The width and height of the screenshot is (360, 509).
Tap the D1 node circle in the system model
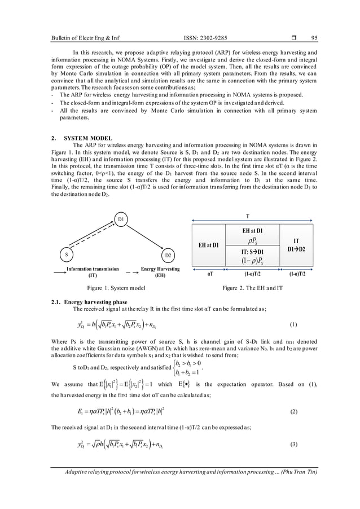coord(120,218)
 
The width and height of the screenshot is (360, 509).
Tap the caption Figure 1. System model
coord(116,288)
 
